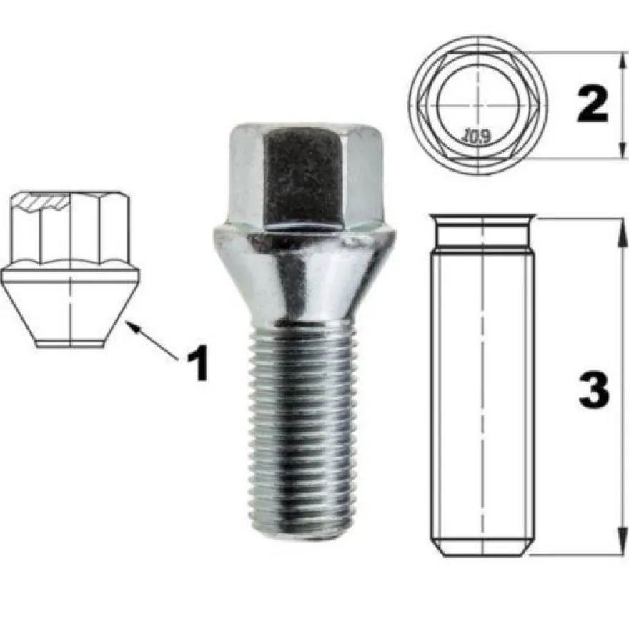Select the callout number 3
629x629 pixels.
click(594, 390)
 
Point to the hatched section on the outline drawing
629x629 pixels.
click(40, 202)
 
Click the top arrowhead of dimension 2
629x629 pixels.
click(622, 61)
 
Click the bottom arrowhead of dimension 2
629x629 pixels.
click(622, 149)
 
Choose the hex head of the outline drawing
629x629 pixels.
click(71, 229)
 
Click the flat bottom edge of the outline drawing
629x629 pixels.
click(71, 347)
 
